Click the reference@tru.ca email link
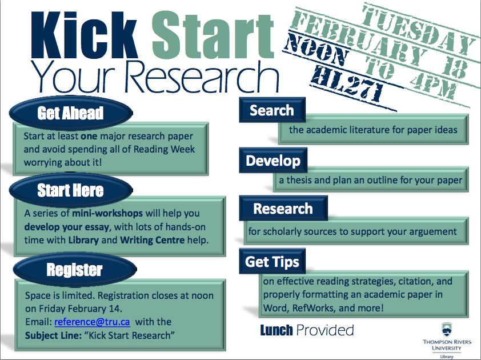tap(92, 322)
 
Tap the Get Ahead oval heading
tap(71, 113)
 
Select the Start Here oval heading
tap(71, 190)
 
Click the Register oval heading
tap(74, 270)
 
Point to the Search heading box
tap(272, 110)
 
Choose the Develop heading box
tap(273, 161)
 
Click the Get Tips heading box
tap(272, 262)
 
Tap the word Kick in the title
tap(84, 35)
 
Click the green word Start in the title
tap(213, 35)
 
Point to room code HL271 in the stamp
tap(347, 83)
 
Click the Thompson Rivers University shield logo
tap(446, 329)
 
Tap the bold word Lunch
tap(276, 330)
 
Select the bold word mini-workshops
tap(107, 213)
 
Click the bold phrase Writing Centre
tap(153, 240)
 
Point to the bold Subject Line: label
tap(53, 335)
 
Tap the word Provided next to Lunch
tap(325, 330)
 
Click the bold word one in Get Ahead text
tap(89, 136)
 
